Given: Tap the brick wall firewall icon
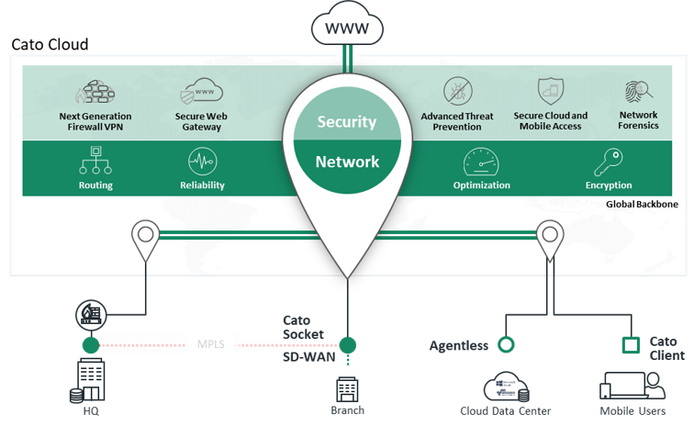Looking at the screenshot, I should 95,93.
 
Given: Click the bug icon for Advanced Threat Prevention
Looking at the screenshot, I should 456,92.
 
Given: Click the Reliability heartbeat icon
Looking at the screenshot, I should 202,162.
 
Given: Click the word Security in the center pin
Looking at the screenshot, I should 347,121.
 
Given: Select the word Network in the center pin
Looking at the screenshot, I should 347,162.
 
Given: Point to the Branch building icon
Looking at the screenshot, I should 347,388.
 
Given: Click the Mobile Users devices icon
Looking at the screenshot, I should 632,385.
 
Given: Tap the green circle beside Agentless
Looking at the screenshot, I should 505,345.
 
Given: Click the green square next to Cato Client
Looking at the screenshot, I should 631,345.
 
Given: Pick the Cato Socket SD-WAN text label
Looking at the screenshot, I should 303,338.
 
